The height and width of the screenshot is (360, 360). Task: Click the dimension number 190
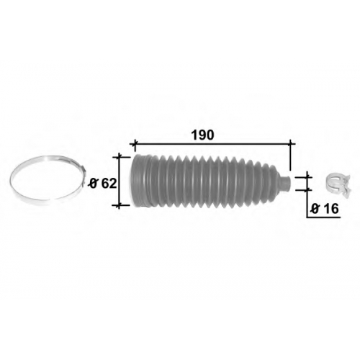point(202,135)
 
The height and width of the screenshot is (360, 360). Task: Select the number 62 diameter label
point(109,184)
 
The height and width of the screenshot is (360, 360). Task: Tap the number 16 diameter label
point(330,209)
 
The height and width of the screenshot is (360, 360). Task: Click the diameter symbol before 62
point(94,184)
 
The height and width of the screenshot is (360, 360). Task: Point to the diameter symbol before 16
point(315,209)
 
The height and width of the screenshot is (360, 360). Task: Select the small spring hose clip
point(339,186)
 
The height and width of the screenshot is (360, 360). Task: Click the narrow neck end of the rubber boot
point(286,184)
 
